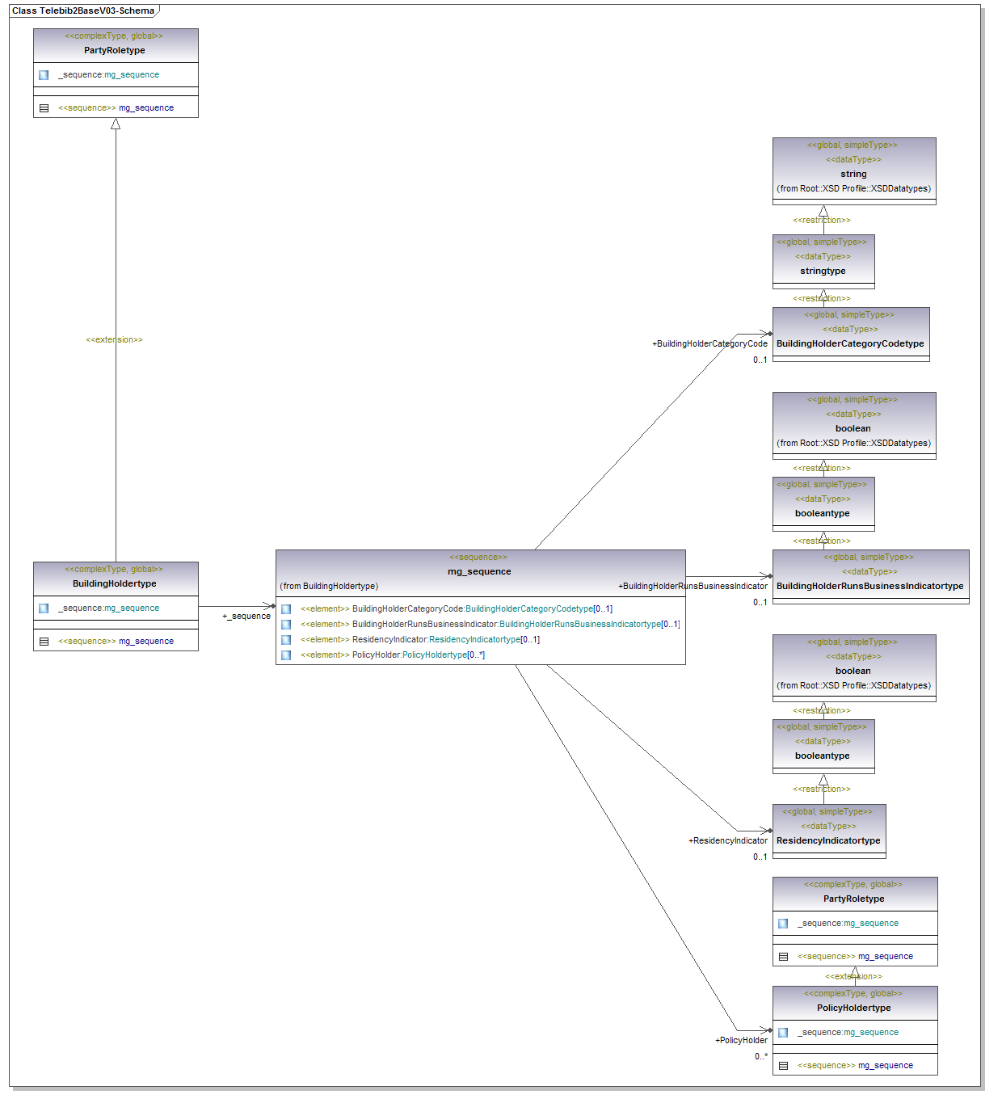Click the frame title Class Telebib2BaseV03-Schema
click(x=83, y=11)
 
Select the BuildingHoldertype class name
click(x=115, y=583)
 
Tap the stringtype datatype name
click(x=823, y=271)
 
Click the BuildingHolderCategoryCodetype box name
click(x=850, y=343)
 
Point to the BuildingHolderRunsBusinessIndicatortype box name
click(x=869, y=586)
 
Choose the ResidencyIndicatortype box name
click(x=828, y=840)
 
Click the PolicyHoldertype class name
click(x=854, y=1008)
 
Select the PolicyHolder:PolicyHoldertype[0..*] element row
click(x=418, y=655)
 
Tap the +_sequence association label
click(x=246, y=616)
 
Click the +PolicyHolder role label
click(x=741, y=1040)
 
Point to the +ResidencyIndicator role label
click(x=727, y=840)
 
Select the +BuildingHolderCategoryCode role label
click(x=709, y=343)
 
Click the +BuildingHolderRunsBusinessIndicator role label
click(x=693, y=586)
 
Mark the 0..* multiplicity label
click(x=761, y=1056)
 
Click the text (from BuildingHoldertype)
click(x=329, y=586)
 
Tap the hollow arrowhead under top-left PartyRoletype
click(x=116, y=124)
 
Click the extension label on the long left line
click(x=114, y=339)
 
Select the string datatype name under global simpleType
click(x=853, y=174)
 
